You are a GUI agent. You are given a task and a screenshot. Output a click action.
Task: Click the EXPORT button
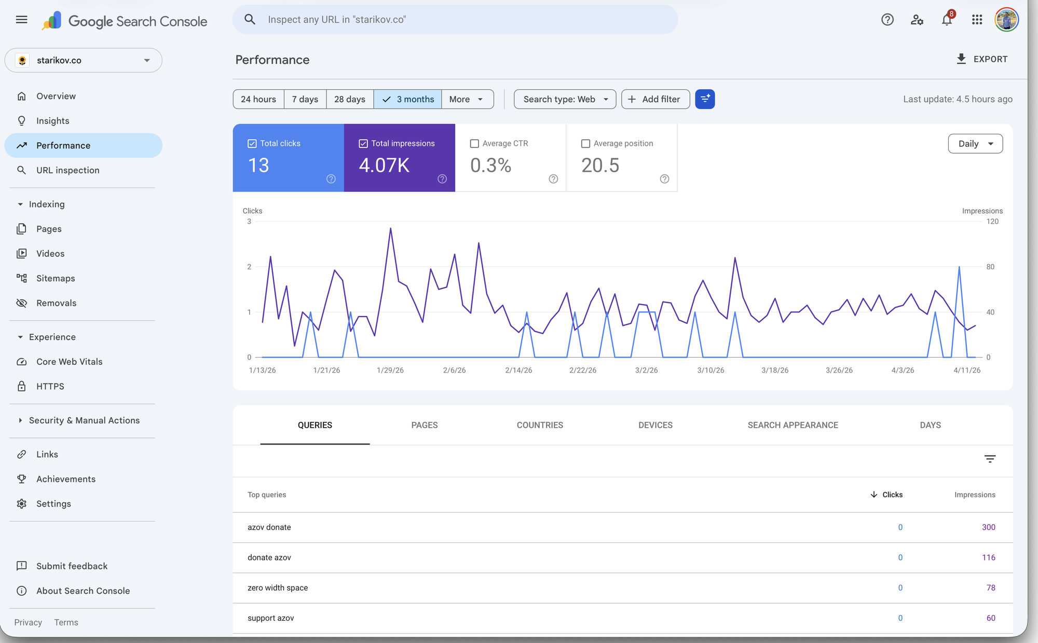981,59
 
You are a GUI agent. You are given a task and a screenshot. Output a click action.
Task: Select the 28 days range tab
350,99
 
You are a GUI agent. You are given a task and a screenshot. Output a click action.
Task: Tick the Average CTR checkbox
474,144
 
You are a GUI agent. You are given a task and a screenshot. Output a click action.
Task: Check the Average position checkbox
585,144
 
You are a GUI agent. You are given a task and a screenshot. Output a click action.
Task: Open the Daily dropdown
975,144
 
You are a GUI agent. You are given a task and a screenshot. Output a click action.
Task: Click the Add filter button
655,99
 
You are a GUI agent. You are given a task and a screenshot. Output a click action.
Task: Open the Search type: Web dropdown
565,99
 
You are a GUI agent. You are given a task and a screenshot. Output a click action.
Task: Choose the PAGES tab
425,425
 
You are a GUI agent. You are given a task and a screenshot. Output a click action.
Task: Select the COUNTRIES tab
540,425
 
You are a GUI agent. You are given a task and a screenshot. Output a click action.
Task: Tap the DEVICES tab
655,425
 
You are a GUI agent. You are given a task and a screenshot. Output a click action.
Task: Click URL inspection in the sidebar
67,170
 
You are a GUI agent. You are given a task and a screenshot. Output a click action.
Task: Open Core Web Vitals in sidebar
69,362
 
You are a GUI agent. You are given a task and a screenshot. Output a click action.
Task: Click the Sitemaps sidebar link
56,278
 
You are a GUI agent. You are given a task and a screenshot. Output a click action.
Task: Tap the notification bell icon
947,20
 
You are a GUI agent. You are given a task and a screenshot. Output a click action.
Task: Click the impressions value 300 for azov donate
988,527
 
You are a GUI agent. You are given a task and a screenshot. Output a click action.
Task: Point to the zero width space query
278,588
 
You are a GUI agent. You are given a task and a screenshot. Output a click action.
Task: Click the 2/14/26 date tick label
518,371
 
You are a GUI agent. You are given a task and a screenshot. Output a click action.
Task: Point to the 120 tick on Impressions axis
992,222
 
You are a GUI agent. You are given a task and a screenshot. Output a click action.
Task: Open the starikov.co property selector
84,60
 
